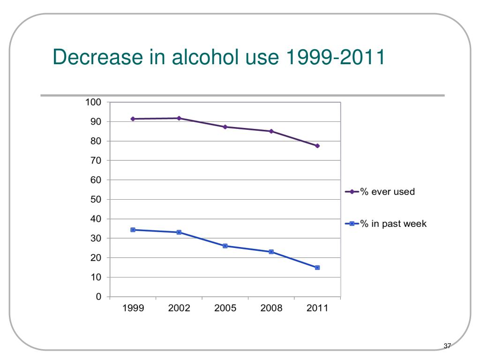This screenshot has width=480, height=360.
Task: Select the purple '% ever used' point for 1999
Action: [133, 119]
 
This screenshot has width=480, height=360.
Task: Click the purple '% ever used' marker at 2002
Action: [179, 118]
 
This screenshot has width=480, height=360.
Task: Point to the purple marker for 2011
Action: [317, 146]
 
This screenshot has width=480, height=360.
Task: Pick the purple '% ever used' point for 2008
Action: [271, 131]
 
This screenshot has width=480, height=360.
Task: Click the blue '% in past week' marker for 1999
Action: [133, 230]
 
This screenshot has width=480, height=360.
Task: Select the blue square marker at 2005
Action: [225, 246]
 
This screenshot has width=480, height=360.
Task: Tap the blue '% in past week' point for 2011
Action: [317, 268]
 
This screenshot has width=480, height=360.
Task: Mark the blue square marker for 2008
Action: [271, 252]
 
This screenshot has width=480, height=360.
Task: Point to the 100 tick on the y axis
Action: [93, 102]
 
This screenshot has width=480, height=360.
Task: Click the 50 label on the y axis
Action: [96, 200]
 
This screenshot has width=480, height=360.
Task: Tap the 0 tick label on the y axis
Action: [98, 297]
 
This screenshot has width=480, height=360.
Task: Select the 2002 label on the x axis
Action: [179, 308]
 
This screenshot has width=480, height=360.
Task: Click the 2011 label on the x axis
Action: [317, 308]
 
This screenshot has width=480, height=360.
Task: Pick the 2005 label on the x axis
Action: [225, 308]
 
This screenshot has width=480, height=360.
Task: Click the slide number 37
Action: [447, 346]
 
